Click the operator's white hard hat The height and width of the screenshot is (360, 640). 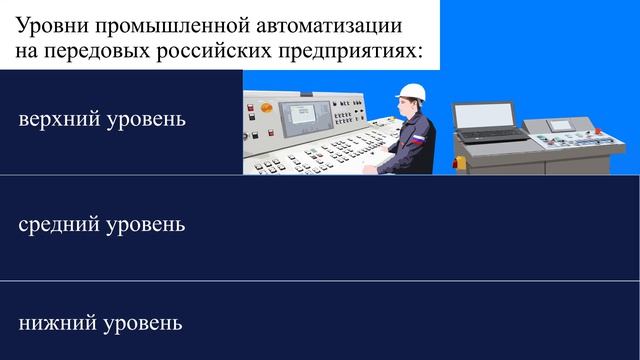[411, 92]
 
